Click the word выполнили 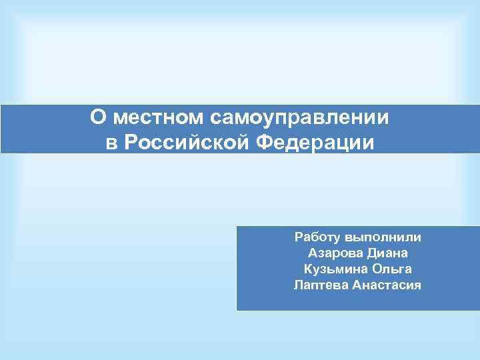(388, 237)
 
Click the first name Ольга (393, 269)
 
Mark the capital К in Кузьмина (307, 269)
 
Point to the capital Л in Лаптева (298, 285)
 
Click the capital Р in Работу (298, 237)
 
